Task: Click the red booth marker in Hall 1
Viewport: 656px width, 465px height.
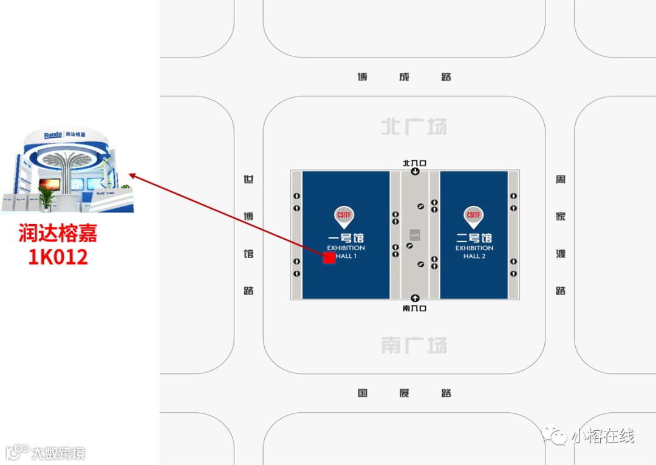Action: tap(329, 257)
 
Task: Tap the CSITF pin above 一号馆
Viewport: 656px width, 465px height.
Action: tap(344, 216)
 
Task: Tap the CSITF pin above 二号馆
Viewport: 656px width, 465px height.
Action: tap(474, 216)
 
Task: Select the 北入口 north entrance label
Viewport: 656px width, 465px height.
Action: tap(415, 163)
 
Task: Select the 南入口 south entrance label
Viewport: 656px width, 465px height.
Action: tap(415, 308)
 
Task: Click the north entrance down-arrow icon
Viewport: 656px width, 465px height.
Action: tap(415, 171)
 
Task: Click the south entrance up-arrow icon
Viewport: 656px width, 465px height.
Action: tap(415, 298)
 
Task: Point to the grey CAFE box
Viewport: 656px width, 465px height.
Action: tap(415, 234)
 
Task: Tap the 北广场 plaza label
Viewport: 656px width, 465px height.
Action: tap(414, 127)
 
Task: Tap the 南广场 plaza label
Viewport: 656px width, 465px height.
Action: tap(414, 345)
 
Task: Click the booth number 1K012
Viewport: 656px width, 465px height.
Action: tap(58, 257)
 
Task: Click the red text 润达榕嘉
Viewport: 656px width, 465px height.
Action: tap(58, 234)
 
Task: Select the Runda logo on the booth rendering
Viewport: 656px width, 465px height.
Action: tap(53, 135)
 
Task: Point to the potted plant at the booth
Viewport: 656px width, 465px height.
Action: tap(46, 197)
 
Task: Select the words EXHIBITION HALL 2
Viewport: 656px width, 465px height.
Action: tap(474, 252)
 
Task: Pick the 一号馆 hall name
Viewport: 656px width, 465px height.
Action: tap(346, 238)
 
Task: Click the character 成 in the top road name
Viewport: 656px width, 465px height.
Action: tap(404, 77)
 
